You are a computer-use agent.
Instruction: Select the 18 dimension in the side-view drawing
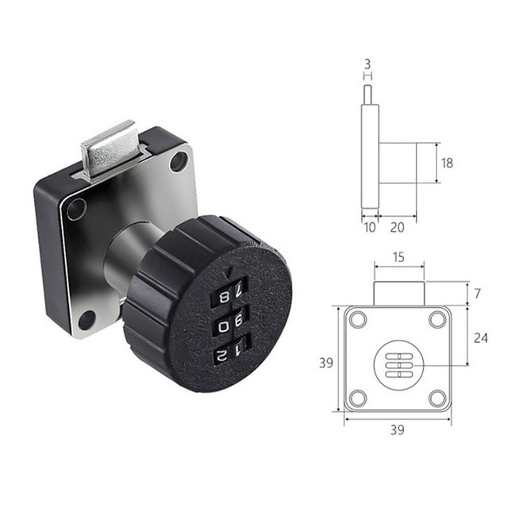tap(447, 163)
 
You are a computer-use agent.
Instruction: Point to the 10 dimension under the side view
tap(369, 229)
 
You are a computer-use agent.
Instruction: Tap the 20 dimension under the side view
tap(397, 229)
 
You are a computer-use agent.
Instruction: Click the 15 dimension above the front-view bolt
tap(398, 256)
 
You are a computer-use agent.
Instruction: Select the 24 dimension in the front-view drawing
tap(481, 337)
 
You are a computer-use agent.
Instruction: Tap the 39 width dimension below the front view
tap(397, 429)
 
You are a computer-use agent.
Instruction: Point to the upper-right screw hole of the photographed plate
tap(179, 162)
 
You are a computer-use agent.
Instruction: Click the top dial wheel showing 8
tap(228, 296)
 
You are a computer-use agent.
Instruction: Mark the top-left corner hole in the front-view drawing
tap(358, 319)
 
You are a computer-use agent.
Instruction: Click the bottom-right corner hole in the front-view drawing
tap(437, 398)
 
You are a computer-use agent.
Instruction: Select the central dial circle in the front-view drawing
tap(398, 364)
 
